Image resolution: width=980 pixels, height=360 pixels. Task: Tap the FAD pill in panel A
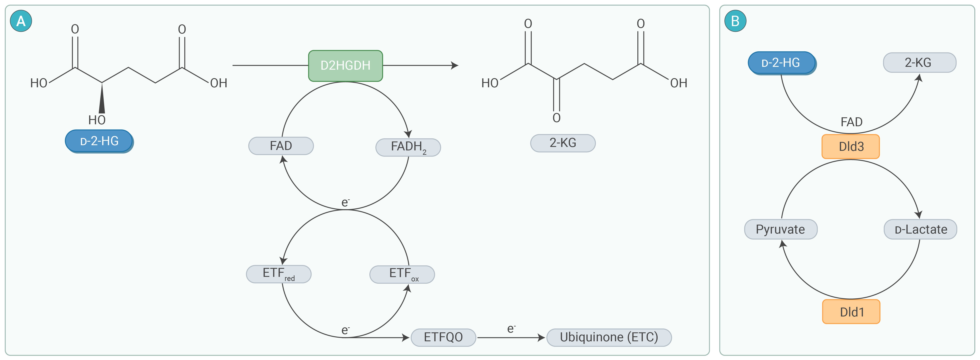tap(281, 146)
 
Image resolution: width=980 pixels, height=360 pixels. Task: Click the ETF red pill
tap(278, 274)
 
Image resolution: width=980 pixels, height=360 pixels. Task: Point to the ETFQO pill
tap(443, 337)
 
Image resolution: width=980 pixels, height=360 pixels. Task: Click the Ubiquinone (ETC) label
tap(609, 337)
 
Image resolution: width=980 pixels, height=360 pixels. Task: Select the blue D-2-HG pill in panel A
tap(99, 141)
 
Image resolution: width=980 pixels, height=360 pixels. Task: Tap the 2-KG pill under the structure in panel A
tap(563, 143)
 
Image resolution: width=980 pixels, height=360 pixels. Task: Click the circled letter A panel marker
tap(21, 21)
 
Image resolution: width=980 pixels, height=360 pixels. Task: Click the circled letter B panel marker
tap(735, 21)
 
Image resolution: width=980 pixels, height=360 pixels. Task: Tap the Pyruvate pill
tap(780, 229)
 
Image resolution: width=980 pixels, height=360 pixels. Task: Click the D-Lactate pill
tap(920, 229)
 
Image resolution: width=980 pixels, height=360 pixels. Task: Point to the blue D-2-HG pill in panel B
tap(781, 63)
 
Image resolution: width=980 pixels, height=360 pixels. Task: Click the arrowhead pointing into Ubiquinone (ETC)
tap(541, 338)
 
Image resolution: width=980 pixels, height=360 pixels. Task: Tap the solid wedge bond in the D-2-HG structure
tap(102, 100)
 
